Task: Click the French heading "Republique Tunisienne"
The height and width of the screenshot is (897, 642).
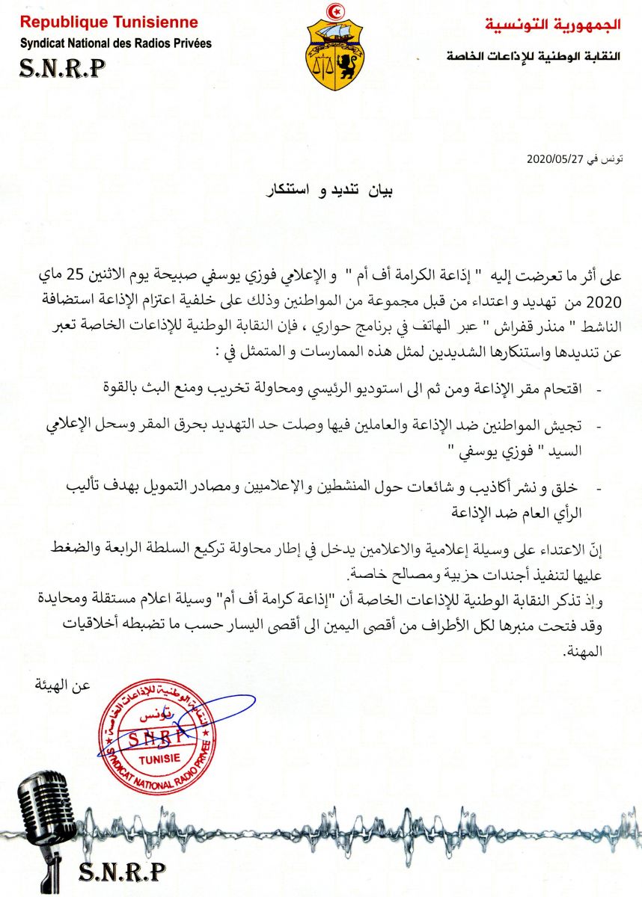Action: (109, 22)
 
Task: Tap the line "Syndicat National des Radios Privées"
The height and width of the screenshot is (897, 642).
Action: (116, 43)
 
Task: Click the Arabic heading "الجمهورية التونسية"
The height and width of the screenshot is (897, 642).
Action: (553, 25)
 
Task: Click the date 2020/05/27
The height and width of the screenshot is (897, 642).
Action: (550, 159)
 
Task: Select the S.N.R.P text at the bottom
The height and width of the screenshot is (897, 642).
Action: (121, 871)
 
